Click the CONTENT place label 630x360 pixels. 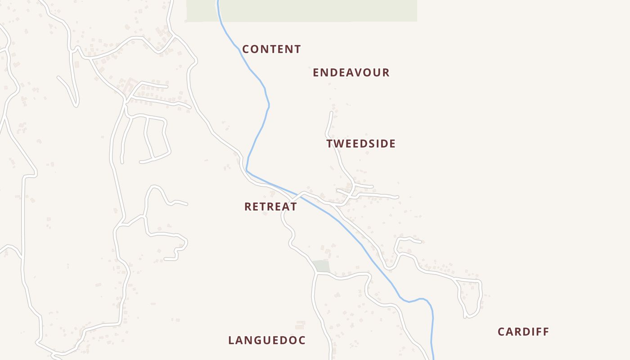271,49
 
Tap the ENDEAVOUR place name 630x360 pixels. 351,72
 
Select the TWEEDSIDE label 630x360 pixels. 361,144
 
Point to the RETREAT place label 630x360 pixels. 270,207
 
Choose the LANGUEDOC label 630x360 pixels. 267,340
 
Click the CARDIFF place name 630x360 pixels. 523,332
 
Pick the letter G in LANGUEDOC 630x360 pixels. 258,340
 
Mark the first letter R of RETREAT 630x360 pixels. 248,207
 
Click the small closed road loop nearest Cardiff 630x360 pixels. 470,297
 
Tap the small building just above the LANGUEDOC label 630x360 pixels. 300,324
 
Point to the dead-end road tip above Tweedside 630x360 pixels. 332,112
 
